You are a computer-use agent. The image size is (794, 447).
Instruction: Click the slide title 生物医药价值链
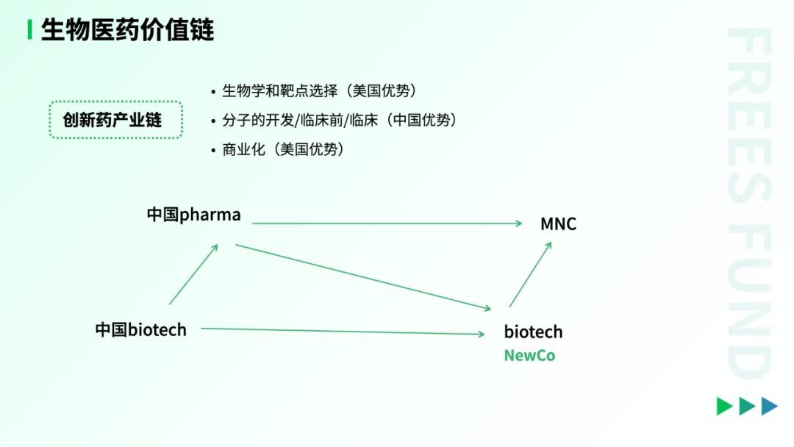click(128, 29)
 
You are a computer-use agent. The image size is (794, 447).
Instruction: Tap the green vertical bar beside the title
click(30, 29)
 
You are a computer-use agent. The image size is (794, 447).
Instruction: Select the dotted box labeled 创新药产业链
click(116, 120)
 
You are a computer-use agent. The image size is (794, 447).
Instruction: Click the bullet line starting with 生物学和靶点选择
click(314, 91)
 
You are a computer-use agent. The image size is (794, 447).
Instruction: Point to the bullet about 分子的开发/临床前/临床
click(335, 121)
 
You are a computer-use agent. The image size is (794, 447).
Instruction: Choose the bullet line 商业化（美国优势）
click(278, 150)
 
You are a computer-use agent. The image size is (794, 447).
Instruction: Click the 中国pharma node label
click(194, 215)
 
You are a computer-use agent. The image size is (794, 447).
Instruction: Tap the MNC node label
click(559, 223)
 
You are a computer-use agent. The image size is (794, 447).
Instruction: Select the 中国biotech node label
click(140, 330)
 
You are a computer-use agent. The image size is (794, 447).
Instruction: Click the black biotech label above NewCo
click(533, 332)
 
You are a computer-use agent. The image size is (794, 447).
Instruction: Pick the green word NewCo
click(529, 356)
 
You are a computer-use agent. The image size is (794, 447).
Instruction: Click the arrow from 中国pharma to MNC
click(387, 223)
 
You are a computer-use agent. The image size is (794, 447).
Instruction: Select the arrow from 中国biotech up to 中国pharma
click(193, 274)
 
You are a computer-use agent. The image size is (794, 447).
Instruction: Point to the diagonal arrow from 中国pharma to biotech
click(363, 277)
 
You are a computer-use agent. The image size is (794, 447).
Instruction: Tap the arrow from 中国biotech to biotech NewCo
click(343, 331)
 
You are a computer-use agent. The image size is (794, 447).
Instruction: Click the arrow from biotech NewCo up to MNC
click(530, 274)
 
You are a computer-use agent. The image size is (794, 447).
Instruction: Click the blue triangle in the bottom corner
click(769, 406)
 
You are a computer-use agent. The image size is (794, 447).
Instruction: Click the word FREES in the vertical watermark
click(750, 115)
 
